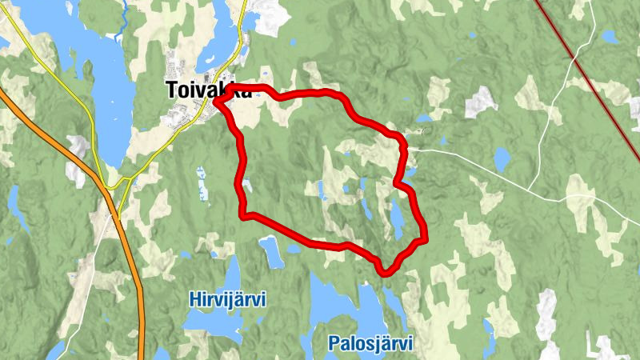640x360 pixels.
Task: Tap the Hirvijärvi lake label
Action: [228, 300]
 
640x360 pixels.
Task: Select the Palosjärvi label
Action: [370, 344]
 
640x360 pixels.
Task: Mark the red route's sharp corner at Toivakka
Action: [218, 101]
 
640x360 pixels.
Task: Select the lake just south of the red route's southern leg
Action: [271, 251]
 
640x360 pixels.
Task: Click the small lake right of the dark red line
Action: [610, 36]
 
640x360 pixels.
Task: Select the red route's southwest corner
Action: [244, 214]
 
